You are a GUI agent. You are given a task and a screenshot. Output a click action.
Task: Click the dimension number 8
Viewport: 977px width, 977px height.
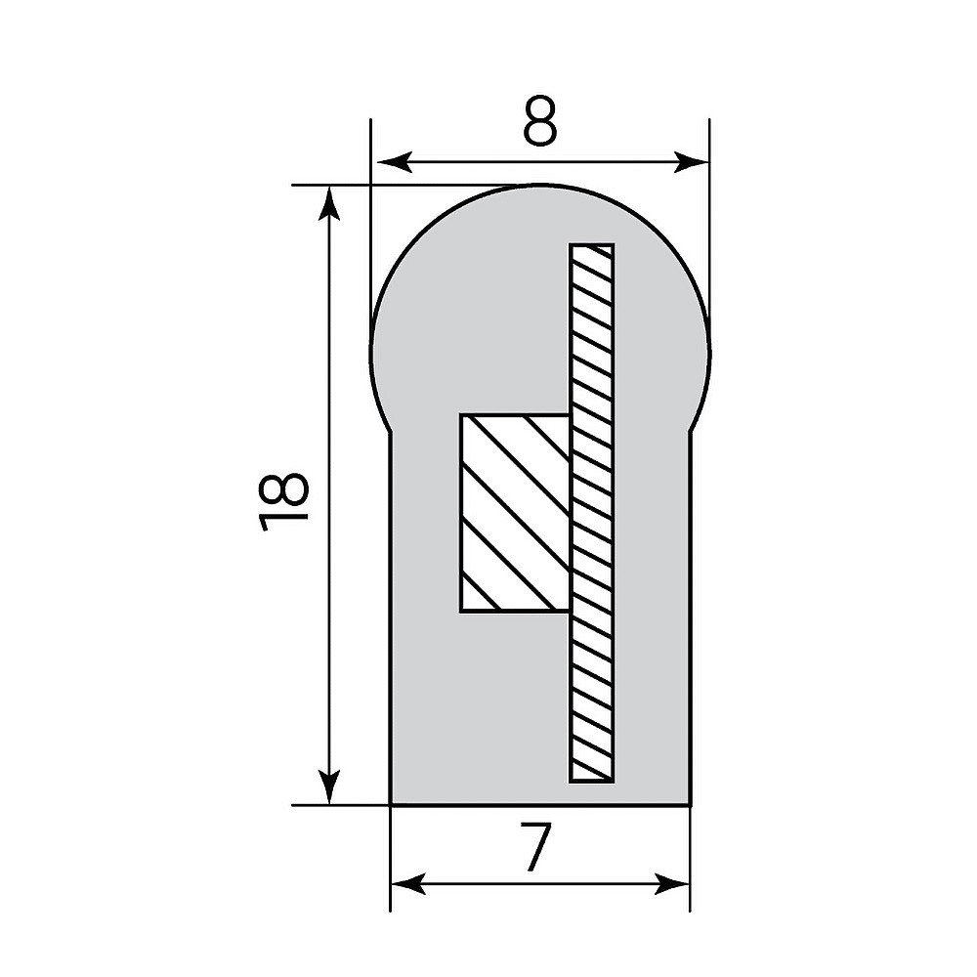(x=539, y=121)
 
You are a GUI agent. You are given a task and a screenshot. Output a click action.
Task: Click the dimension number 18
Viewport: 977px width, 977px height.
(x=282, y=501)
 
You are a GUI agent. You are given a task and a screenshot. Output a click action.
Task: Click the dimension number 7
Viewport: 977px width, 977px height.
(x=535, y=847)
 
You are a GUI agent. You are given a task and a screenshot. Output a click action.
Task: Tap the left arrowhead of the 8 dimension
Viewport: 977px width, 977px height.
(x=395, y=162)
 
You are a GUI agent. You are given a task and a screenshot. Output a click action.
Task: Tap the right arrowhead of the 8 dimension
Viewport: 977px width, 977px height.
(x=692, y=162)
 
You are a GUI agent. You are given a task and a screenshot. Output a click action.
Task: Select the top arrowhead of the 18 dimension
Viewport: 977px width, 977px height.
(x=329, y=202)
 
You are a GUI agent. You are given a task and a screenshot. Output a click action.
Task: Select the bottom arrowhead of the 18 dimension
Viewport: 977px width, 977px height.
(x=329, y=786)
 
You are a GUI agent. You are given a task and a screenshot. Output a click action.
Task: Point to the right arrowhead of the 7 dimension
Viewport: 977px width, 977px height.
(x=672, y=883)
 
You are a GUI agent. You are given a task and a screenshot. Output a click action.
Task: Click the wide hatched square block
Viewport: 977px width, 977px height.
(x=515, y=513)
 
